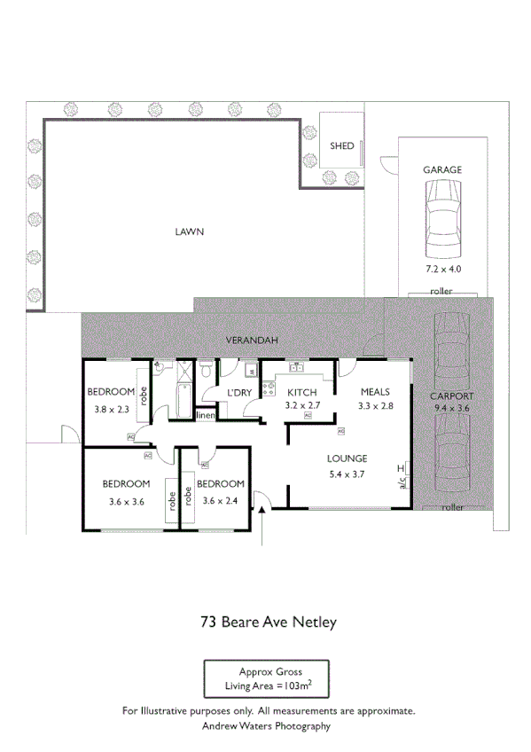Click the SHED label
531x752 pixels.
pos(341,145)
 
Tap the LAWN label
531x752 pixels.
pos(189,232)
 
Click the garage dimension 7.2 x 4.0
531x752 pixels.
pos(442,268)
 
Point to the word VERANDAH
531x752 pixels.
pos(252,341)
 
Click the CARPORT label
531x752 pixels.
pos(451,396)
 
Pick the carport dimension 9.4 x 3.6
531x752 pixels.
pos(451,408)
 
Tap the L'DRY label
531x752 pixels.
pos(239,393)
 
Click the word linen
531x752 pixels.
pos(206,415)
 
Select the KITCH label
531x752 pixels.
pos(302,392)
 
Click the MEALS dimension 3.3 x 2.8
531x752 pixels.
pos(373,405)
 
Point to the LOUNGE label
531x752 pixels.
pos(347,458)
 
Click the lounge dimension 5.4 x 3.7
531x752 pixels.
pos(347,474)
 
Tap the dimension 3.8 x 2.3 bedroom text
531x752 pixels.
pos(112,410)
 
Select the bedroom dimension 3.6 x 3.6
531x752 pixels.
pos(124,500)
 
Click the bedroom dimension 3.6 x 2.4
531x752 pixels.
pos(220,500)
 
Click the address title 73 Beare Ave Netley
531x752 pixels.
pos(266,622)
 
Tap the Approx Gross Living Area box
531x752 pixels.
pos(266,679)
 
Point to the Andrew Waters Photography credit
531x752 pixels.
pos(266,725)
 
